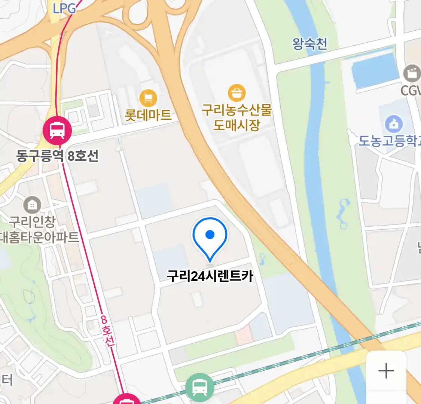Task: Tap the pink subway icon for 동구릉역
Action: pyautogui.click(x=57, y=130)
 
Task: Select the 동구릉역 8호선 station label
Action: pyautogui.click(x=57, y=155)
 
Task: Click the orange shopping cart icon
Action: pyautogui.click(x=148, y=98)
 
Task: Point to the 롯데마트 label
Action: pyautogui.click(x=148, y=115)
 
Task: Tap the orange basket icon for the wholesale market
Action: pyautogui.click(x=237, y=93)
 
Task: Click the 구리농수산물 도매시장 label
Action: pyautogui.click(x=237, y=117)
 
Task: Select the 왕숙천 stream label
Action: pyautogui.click(x=310, y=44)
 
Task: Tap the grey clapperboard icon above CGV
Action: pyautogui.click(x=412, y=73)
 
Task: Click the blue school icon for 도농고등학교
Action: pyautogui.click(x=394, y=124)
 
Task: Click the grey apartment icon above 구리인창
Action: pyautogui.click(x=33, y=205)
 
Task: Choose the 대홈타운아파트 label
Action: pyautogui.click(x=40, y=237)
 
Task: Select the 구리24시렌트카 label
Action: pyautogui.click(x=210, y=276)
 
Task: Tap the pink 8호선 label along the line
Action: pyautogui.click(x=107, y=331)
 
